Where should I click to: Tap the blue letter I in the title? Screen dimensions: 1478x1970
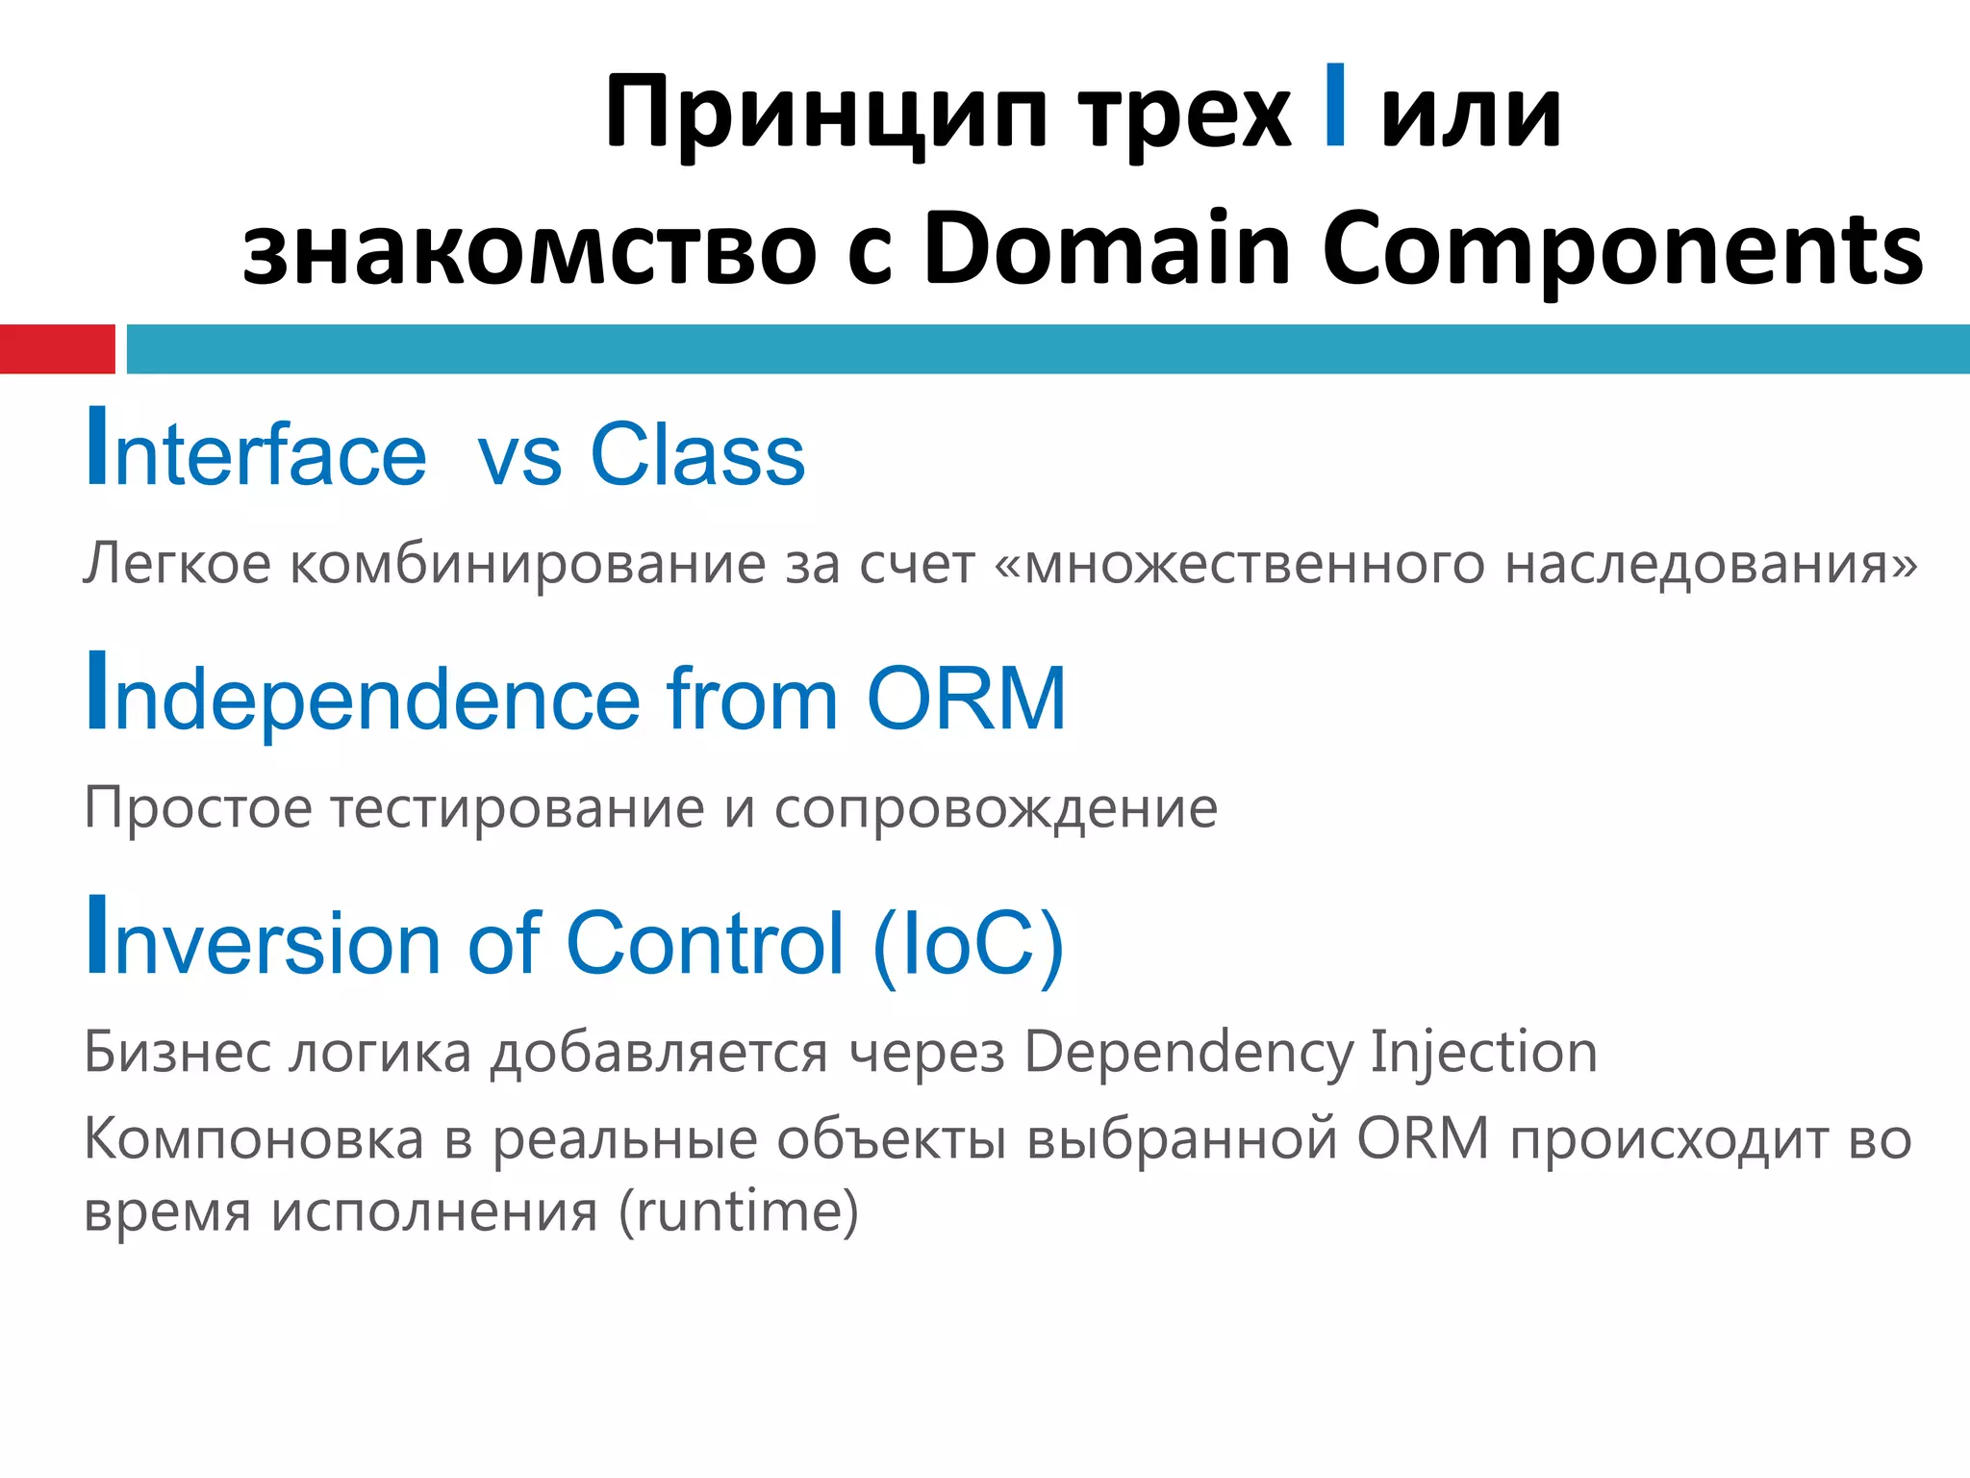(x=1334, y=105)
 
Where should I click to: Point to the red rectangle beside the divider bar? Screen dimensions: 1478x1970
(x=57, y=349)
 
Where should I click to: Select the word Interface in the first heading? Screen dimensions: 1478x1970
(x=256, y=452)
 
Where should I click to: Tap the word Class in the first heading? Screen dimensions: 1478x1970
(x=697, y=454)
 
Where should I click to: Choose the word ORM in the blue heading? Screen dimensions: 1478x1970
(x=966, y=699)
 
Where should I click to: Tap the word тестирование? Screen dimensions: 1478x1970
(x=518, y=808)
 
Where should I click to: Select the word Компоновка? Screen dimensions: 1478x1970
(x=254, y=1139)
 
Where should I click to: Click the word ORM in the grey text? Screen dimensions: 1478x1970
(x=1423, y=1139)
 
